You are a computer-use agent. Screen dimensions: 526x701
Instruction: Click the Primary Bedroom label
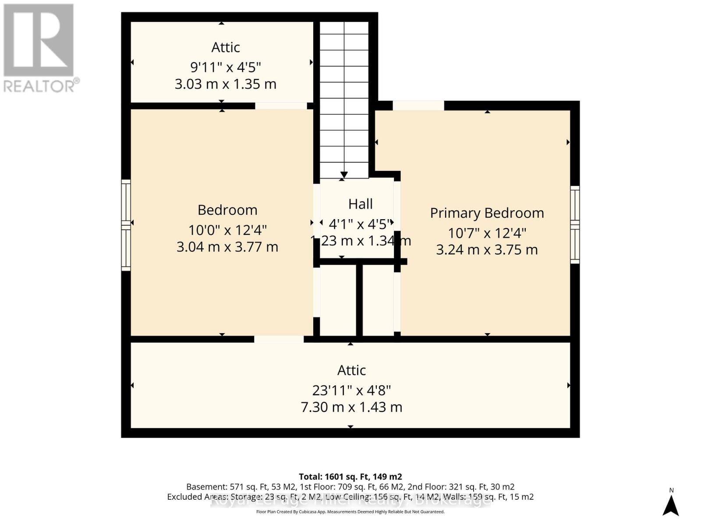pos(487,213)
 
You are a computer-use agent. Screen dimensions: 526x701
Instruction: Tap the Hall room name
pos(360,204)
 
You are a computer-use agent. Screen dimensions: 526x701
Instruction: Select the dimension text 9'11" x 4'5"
pos(225,67)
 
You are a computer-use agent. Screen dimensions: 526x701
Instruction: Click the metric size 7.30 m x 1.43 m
pos(351,407)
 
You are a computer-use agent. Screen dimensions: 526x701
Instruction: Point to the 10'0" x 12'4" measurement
pos(227,230)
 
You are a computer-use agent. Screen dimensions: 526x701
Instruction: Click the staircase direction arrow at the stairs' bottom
pos(344,175)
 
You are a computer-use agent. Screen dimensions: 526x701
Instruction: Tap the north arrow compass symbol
pos(670,505)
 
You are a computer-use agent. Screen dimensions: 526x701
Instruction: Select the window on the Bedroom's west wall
pos(126,225)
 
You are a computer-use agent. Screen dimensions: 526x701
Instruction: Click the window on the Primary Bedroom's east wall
pos(574,224)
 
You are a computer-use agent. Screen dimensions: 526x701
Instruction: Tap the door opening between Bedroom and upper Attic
pos(281,106)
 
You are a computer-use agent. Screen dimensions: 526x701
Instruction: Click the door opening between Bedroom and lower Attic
pos(279,339)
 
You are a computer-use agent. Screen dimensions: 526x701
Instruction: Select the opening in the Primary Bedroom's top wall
pos(418,106)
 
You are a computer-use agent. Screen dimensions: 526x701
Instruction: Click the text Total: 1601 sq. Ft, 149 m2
pos(350,476)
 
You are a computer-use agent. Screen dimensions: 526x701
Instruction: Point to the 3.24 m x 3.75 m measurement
pos(487,250)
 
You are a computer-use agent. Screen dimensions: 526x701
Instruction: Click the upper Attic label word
pos(225,47)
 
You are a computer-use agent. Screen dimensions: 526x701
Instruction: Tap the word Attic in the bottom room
pos(351,370)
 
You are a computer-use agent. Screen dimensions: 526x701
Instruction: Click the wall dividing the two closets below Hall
pos(359,300)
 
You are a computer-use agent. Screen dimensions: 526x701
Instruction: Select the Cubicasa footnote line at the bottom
pos(350,512)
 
